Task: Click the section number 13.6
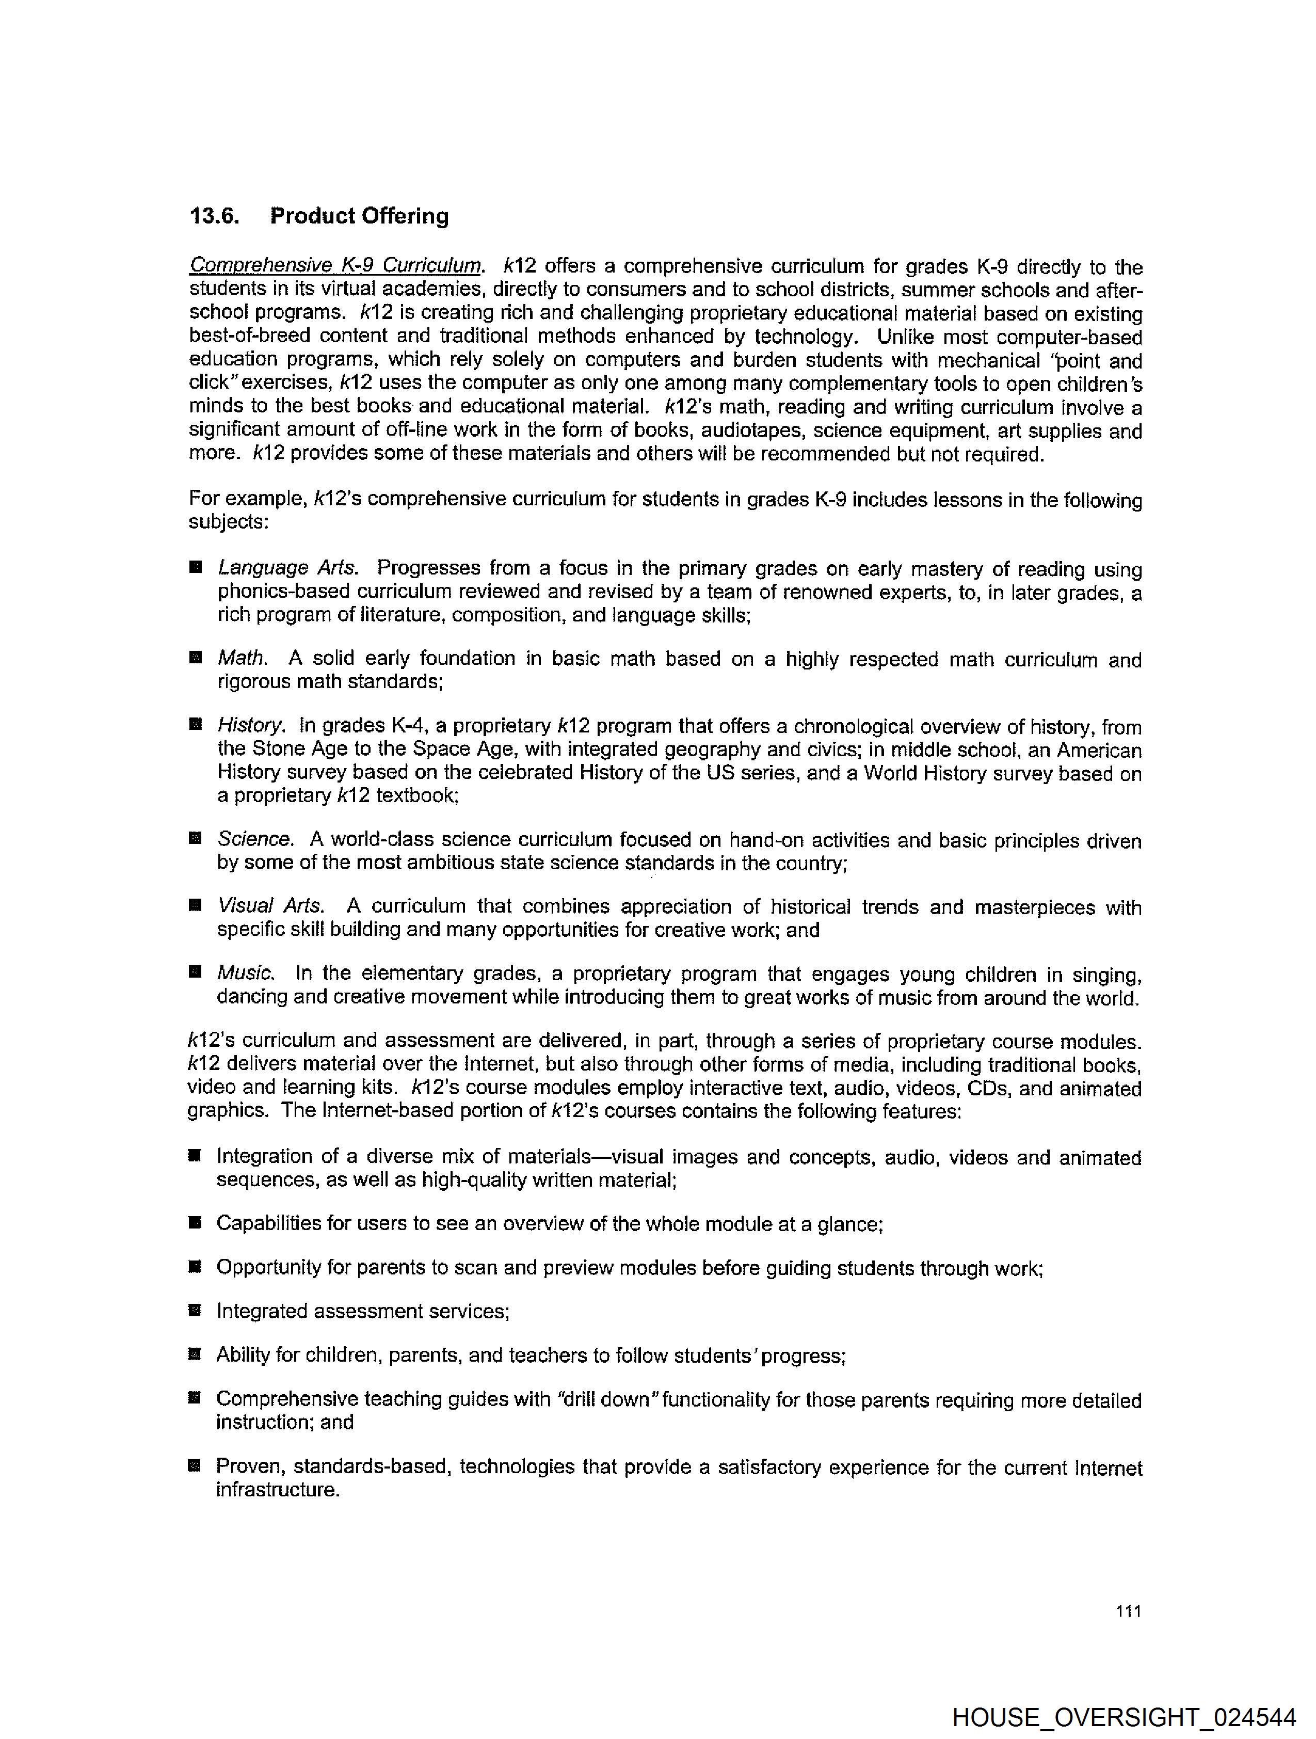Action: click(214, 216)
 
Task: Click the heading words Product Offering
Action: click(359, 216)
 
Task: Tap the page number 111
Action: click(1127, 1611)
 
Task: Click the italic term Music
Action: click(246, 974)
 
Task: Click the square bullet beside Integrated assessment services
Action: click(195, 1311)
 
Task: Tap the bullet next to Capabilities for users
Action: click(195, 1222)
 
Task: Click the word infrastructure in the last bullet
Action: click(278, 1490)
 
